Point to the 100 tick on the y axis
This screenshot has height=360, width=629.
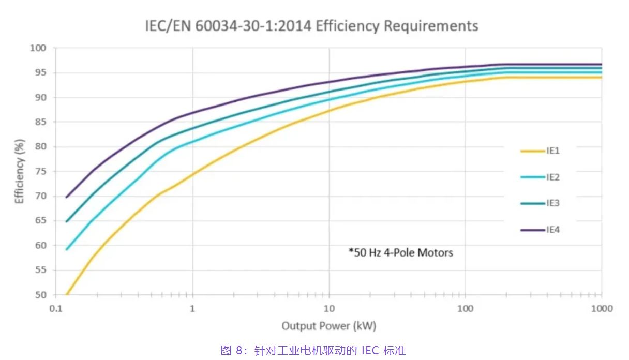click(39, 48)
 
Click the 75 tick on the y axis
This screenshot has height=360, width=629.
click(41, 172)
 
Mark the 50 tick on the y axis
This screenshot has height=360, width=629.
click(41, 295)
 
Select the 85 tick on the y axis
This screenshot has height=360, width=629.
click(41, 122)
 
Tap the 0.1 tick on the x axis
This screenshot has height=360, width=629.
click(56, 309)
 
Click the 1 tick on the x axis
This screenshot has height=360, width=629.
click(192, 309)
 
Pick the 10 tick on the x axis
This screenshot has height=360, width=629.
click(329, 309)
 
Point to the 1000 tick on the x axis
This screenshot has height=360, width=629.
click(602, 309)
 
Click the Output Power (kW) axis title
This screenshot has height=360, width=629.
click(329, 326)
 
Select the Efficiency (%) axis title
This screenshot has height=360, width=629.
click(20, 172)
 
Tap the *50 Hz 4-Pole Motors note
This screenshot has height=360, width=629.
click(401, 253)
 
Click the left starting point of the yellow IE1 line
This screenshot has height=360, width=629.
click(67, 294)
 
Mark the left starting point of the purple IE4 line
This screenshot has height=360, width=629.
click(67, 197)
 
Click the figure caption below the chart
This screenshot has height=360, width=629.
click(313, 351)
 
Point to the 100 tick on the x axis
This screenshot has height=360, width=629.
click(466, 309)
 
